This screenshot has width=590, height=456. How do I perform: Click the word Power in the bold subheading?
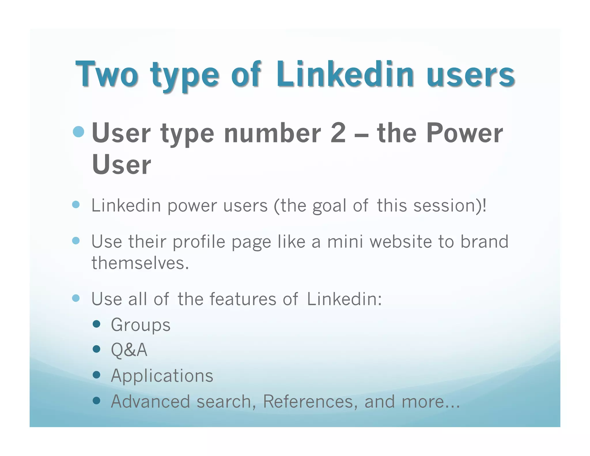click(x=464, y=133)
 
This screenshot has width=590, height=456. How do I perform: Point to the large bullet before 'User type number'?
click(x=79, y=132)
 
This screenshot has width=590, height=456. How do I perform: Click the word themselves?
click(x=140, y=263)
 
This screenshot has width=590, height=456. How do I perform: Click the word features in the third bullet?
click(x=243, y=299)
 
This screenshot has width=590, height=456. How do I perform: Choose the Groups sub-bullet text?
click(x=141, y=325)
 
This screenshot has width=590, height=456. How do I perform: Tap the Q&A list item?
click(x=129, y=350)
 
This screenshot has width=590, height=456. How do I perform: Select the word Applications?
click(x=162, y=376)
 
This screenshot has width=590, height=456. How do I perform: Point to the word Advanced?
click(x=150, y=401)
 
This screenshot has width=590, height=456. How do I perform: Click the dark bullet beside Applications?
click(x=97, y=375)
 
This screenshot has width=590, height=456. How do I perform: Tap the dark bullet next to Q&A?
click(x=97, y=349)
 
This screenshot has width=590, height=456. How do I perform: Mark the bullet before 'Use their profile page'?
click(x=76, y=241)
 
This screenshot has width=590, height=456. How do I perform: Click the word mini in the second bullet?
click(x=345, y=241)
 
